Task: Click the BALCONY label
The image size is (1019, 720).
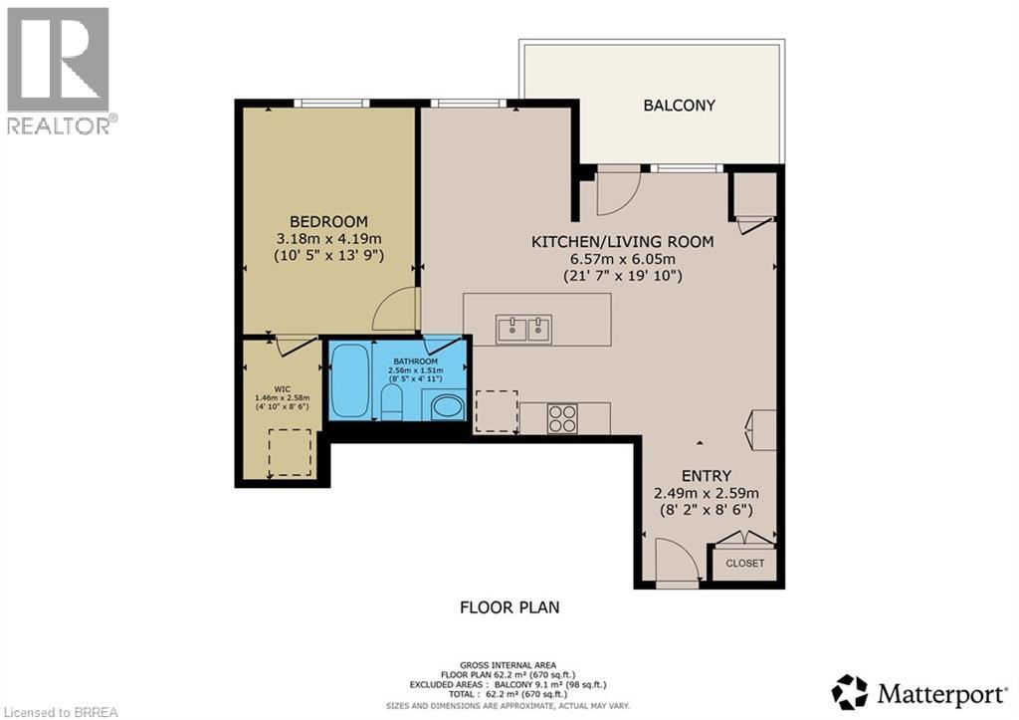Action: (679, 105)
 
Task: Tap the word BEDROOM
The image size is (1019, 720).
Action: (328, 221)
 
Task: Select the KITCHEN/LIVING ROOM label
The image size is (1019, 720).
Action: (622, 242)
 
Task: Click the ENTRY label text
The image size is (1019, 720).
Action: (707, 475)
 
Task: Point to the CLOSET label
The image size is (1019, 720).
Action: (744, 563)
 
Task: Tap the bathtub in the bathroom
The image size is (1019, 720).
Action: (349, 380)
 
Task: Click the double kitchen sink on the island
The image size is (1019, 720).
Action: (523, 328)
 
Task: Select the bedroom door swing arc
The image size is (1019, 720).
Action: (395, 311)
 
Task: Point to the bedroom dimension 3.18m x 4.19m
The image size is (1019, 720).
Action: (328, 239)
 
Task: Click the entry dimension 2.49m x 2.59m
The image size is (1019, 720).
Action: (707, 493)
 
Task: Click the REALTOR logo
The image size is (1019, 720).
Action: (60, 70)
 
